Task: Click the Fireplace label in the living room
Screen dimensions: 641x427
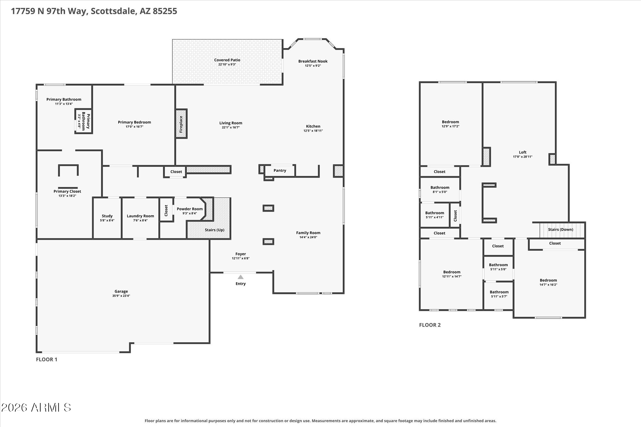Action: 181,124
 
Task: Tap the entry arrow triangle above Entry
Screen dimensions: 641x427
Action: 240,277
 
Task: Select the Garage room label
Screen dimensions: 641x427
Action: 121,292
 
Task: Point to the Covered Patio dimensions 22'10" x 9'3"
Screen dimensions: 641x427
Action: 227,64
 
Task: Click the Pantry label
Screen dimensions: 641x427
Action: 280,170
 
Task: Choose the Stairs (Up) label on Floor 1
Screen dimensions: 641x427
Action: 215,230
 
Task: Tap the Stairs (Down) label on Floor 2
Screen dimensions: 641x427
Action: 561,229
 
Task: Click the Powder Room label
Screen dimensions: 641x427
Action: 190,209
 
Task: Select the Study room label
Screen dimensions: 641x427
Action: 107,216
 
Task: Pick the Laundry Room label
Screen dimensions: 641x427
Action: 140,216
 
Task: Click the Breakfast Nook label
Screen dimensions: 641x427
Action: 313,61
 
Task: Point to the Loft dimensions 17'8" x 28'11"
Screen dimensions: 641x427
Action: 522,157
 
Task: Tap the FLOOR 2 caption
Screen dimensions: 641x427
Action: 430,325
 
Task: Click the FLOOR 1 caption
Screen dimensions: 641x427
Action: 46,359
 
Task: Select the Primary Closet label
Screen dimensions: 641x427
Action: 67,191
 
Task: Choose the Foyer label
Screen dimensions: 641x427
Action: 240,254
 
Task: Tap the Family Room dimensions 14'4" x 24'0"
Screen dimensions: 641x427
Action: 308,237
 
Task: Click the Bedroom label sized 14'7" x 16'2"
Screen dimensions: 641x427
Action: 548,280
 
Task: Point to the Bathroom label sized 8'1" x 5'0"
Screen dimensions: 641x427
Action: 440,187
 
